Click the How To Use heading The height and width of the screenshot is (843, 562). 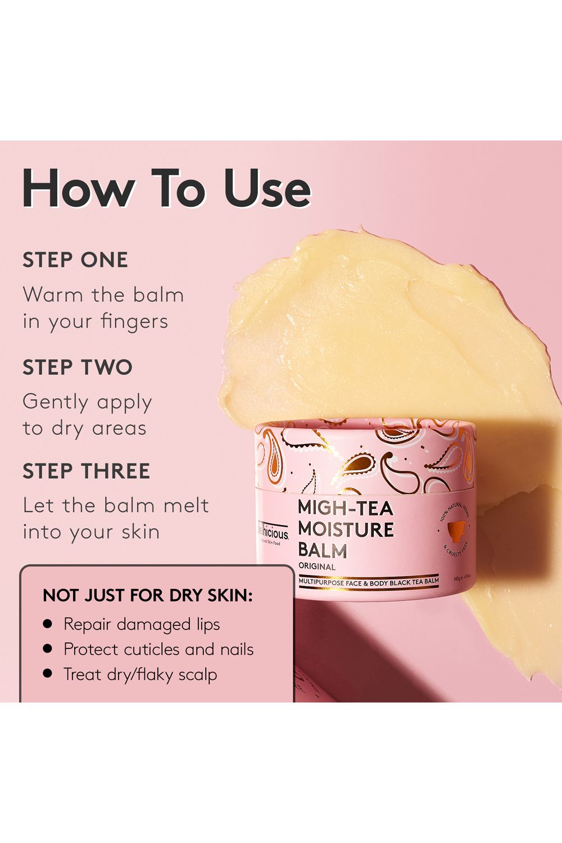click(166, 188)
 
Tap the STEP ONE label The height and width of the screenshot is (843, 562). click(75, 260)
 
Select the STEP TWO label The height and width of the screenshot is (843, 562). click(78, 367)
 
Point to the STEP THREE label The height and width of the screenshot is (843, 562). click(86, 471)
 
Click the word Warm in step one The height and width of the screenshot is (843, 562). click(52, 294)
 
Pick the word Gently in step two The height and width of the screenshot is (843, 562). click(55, 402)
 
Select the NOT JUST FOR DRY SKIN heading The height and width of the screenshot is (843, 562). click(148, 595)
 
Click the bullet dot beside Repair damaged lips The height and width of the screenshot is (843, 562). click(48, 624)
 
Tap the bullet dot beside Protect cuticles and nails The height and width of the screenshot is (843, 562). click(48, 649)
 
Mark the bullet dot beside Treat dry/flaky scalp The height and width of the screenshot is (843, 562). click(48, 674)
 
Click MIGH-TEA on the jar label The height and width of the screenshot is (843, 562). click(345, 508)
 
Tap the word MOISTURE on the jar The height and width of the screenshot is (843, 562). click(346, 529)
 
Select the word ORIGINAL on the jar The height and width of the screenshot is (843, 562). click(316, 566)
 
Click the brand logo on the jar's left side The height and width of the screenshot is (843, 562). click(273, 532)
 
